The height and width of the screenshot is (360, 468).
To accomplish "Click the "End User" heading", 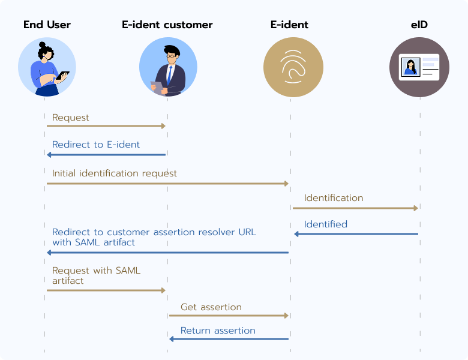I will click(47, 25).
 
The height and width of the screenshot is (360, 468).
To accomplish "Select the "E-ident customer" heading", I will click(167, 25).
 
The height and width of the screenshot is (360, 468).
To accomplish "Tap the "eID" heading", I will click(419, 25).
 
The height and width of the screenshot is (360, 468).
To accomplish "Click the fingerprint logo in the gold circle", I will click(293, 67).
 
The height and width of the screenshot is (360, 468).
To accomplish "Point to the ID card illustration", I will click(419, 67).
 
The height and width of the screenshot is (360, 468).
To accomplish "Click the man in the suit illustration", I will click(168, 67).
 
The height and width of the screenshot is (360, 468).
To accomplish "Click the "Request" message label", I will click(70, 118).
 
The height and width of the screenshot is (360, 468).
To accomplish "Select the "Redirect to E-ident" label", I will click(96, 145).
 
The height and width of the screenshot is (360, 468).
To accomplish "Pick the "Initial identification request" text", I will click(115, 173).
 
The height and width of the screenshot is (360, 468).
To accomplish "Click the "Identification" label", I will click(334, 198).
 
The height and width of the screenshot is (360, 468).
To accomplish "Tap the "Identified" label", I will click(326, 224).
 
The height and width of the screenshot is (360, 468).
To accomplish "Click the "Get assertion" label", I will click(211, 307).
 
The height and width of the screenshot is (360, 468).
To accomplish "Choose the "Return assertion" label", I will click(218, 331).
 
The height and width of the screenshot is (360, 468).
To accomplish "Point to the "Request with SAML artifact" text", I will click(96, 275).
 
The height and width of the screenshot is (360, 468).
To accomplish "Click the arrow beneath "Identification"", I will click(355, 208).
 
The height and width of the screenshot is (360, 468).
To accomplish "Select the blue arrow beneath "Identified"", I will click(356, 234).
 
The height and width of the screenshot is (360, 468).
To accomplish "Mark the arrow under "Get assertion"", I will click(229, 315).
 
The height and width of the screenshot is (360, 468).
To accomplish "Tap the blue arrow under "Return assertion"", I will click(229, 339).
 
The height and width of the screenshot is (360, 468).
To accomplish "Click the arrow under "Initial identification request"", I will click(167, 184).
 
